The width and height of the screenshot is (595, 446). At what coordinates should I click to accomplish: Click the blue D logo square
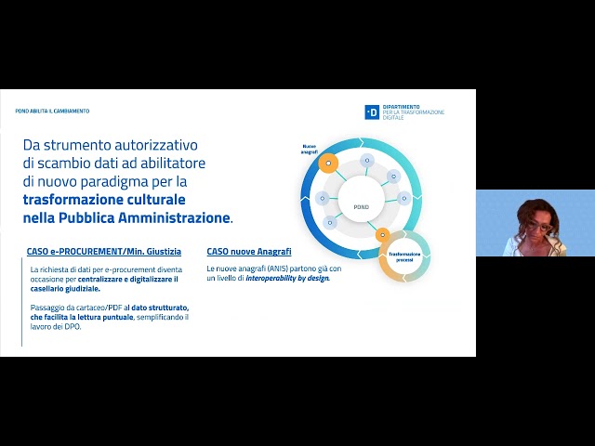(x=371, y=111)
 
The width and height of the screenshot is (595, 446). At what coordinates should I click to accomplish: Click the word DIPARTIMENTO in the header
(x=401, y=106)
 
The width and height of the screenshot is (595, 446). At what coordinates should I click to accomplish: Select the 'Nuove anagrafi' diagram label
(x=310, y=149)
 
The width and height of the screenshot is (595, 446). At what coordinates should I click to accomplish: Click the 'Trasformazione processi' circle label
(x=405, y=256)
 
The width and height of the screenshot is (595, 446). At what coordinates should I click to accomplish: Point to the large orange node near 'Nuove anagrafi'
(x=326, y=163)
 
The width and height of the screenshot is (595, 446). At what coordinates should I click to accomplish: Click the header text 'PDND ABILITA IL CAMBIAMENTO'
(x=53, y=111)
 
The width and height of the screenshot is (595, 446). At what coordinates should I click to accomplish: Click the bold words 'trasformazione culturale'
(x=104, y=199)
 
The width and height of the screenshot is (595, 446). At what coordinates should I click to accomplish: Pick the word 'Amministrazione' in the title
(x=178, y=217)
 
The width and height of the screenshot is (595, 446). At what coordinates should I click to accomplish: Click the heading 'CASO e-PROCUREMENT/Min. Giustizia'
(x=104, y=252)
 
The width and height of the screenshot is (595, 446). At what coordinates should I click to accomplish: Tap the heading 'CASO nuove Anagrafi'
(x=249, y=252)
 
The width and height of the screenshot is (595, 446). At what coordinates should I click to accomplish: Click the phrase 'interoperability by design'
(x=288, y=278)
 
